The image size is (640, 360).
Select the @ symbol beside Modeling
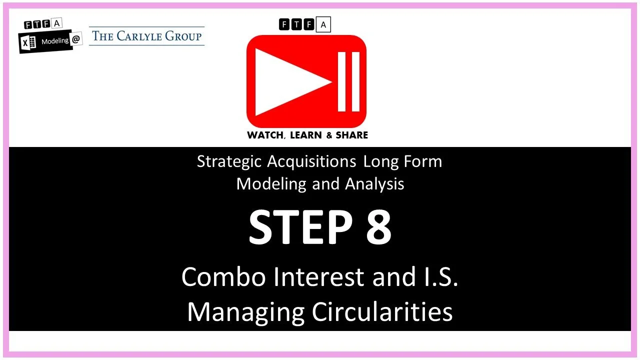(x=76, y=40)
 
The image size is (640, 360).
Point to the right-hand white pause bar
(x=355, y=81)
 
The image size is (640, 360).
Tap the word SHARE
(x=352, y=135)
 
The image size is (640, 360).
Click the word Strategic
(x=229, y=161)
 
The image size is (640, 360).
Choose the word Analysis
(x=374, y=183)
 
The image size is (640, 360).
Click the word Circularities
(x=382, y=311)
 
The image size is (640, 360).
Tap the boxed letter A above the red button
(x=323, y=24)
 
